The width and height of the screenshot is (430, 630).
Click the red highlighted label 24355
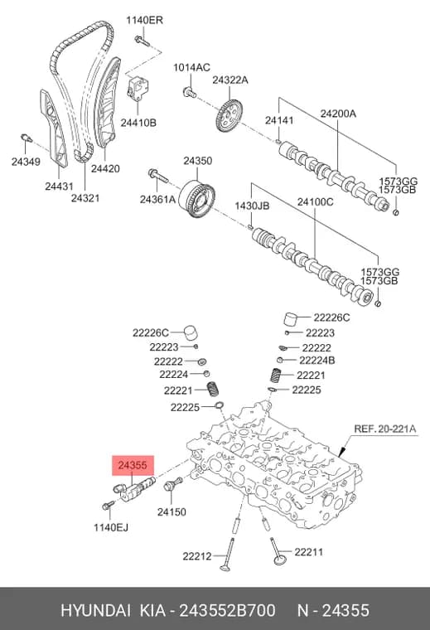tap(133, 465)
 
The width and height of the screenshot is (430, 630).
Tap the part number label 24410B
tap(138, 123)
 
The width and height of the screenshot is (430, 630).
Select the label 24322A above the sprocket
tap(230, 80)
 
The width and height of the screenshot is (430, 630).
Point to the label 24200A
tap(338, 114)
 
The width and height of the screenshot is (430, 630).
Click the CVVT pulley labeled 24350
tap(196, 200)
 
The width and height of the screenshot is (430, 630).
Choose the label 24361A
tap(157, 198)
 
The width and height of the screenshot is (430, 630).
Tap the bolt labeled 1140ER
tap(142, 41)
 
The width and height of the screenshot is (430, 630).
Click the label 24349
tap(26, 162)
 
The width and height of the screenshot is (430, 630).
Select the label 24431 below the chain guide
tap(59, 186)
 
